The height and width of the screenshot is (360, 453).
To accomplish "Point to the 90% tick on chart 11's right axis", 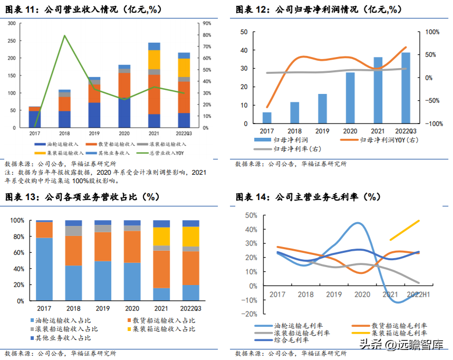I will click(207, 23).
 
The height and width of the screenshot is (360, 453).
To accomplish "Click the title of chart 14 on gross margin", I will click(307, 197).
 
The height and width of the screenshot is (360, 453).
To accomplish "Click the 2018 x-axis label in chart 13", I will click(73, 307).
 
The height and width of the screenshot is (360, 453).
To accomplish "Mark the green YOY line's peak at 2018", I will click(64, 35).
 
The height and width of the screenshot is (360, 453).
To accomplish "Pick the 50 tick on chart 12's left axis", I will click(244, 32).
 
